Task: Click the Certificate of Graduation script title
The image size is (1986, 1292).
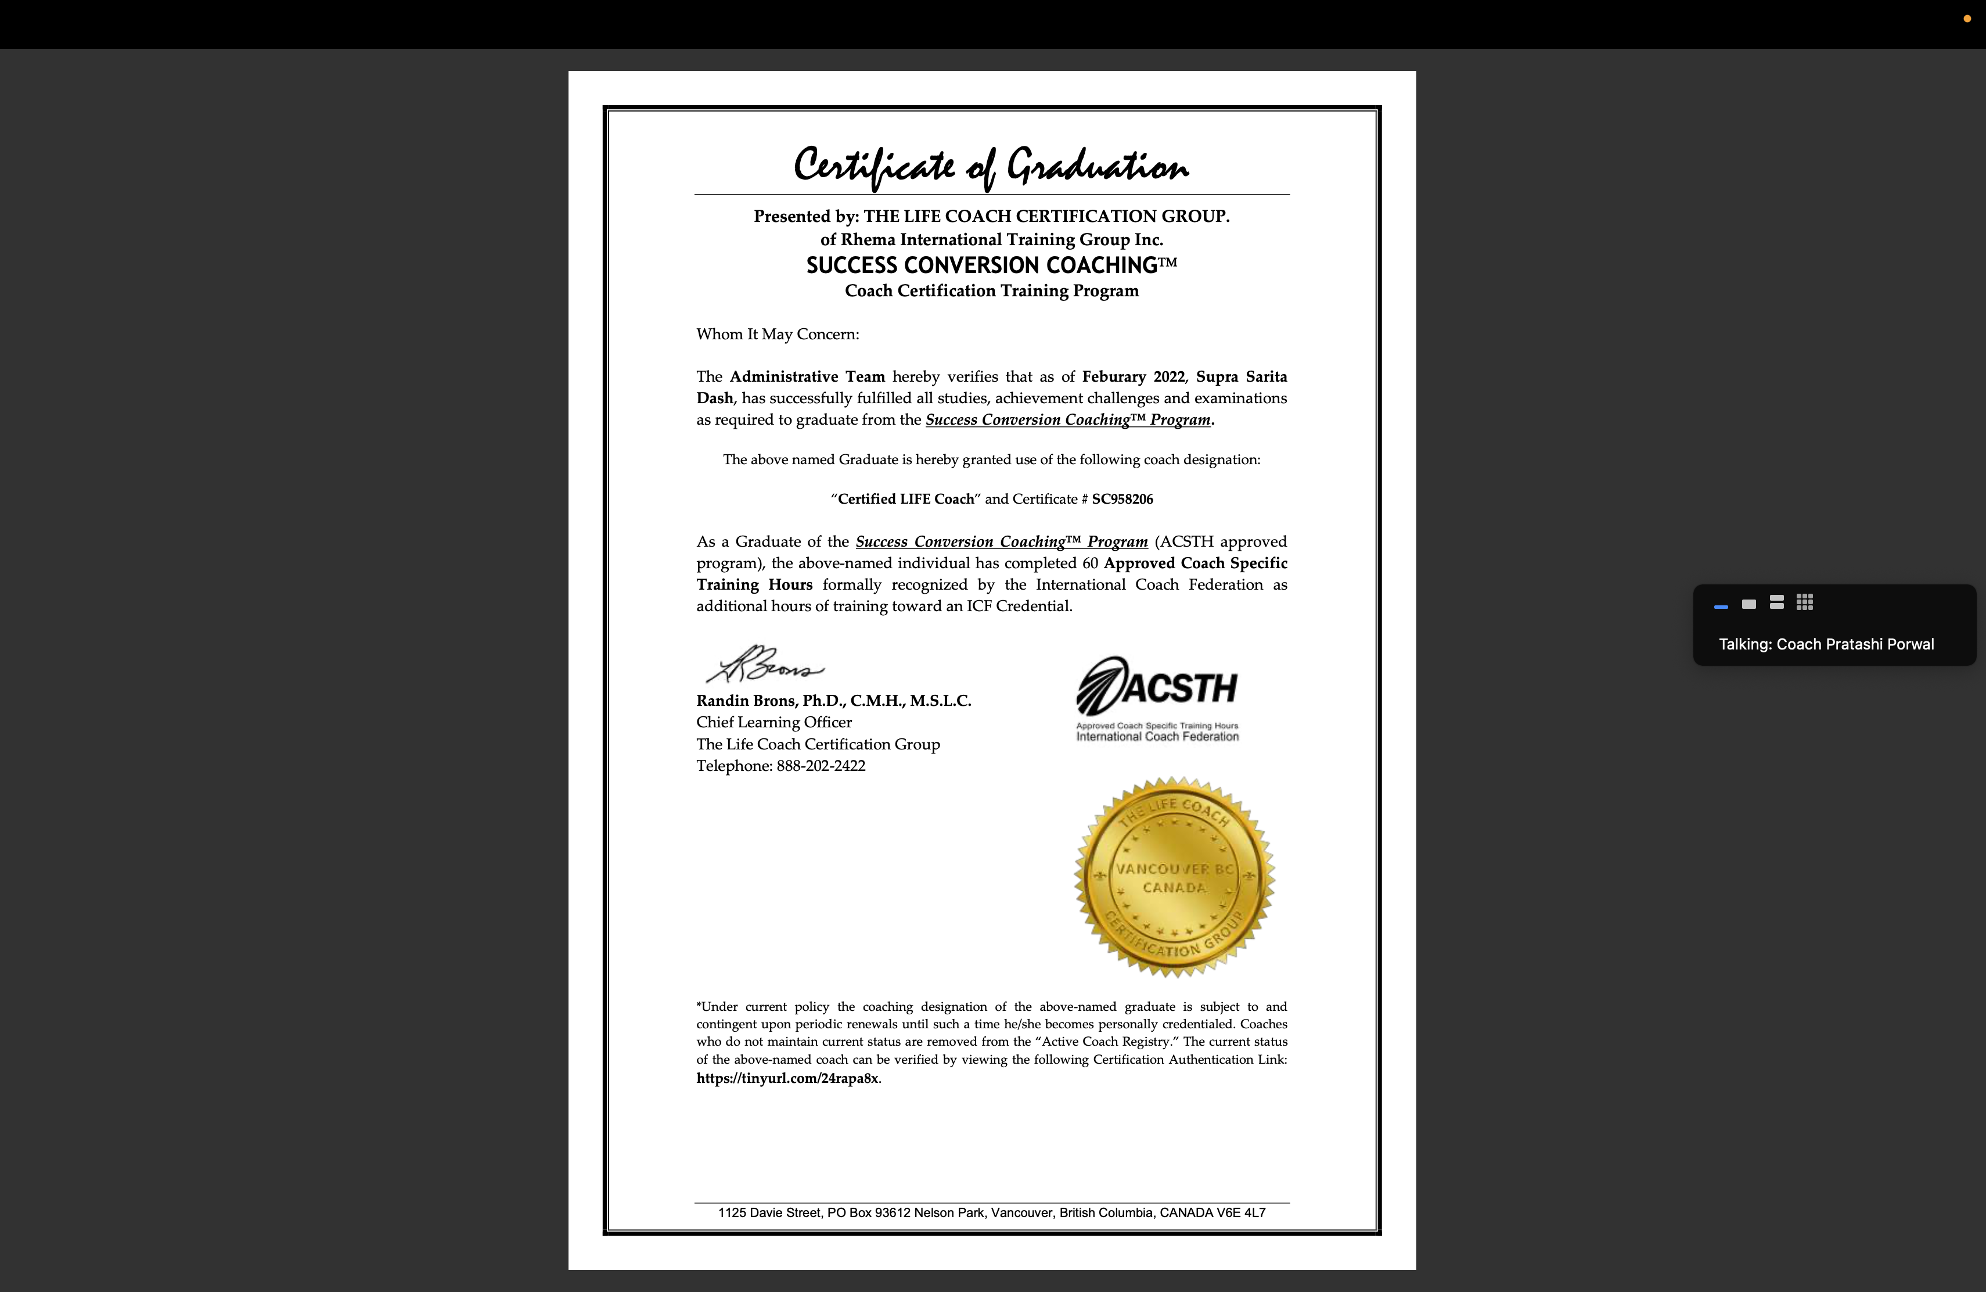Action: [991, 165]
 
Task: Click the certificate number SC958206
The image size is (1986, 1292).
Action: [1122, 499]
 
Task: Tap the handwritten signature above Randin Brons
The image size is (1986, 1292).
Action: [765, 665]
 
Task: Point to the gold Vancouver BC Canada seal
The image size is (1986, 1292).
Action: [1174, 877]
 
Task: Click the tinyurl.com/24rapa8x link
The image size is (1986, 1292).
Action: [787, 1078]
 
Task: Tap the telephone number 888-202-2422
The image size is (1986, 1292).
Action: [821, 766]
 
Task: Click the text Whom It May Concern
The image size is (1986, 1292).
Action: [777, 334]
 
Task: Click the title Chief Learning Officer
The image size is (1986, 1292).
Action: [773, 723]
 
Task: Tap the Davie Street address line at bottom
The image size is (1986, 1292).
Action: [991, 1213]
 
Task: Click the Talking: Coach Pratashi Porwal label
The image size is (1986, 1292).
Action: [1826, 644]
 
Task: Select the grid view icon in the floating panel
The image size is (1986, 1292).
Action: [1805, 602]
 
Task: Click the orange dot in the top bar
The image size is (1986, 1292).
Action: [1967, 19]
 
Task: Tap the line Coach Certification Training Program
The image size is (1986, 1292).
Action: [991, 290]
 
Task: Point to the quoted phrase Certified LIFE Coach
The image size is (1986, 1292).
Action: [905, 499]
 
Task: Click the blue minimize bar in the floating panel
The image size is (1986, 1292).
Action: [1721, 606]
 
